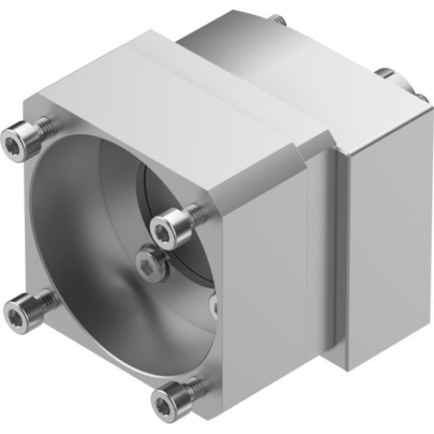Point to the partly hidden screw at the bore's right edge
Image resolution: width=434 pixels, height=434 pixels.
tap(213, 303)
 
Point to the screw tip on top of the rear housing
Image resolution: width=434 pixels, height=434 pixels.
tap(276, 19)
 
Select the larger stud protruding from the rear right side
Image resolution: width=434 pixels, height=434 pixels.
tap(387, 76)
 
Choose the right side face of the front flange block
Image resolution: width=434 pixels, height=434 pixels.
tap(269, 286)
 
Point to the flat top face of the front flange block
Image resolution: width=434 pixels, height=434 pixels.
tap(174, 95)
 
